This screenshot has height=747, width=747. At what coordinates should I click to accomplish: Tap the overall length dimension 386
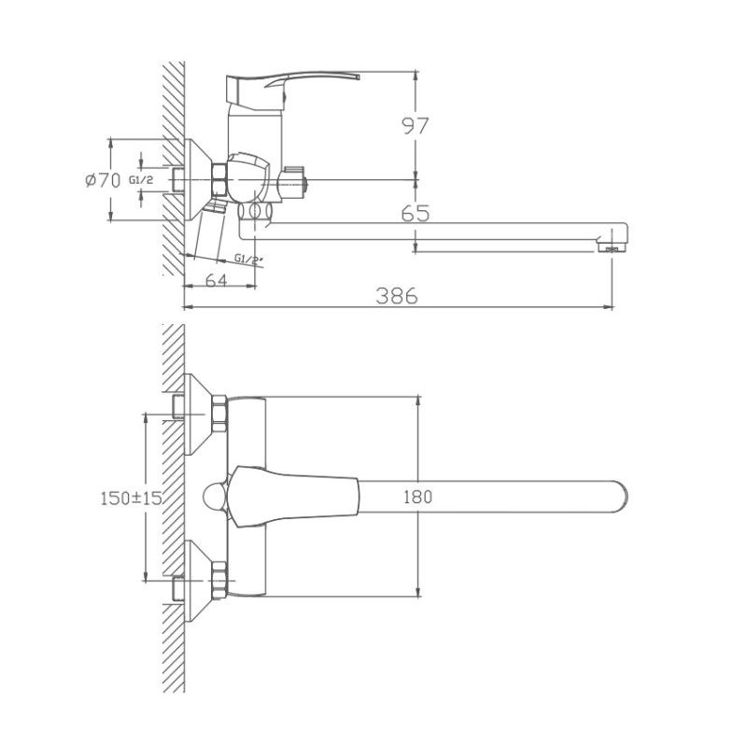point(397,295)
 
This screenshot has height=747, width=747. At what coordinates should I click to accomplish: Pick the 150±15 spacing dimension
point(131,499)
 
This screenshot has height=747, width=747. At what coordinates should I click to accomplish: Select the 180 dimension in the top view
point(418,498)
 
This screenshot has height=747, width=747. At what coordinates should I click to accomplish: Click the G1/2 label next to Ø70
point(141,180)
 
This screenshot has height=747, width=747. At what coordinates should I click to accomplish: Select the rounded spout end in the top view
point(616,498)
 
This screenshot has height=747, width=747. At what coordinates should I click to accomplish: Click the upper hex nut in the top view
point(220,413)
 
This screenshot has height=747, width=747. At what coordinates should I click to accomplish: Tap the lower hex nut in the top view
point(220,580)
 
